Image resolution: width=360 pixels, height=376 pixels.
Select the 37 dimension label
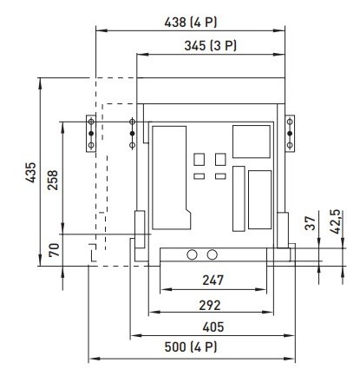pos(309,222)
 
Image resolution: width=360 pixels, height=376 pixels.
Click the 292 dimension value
pos(208,305)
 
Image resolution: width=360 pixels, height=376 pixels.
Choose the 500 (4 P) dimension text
pos(192,348)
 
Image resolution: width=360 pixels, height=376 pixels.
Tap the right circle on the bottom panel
pos(212,255)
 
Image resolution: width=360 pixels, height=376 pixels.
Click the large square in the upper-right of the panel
pos(251,140)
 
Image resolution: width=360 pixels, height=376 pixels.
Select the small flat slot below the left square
pos(199,176)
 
